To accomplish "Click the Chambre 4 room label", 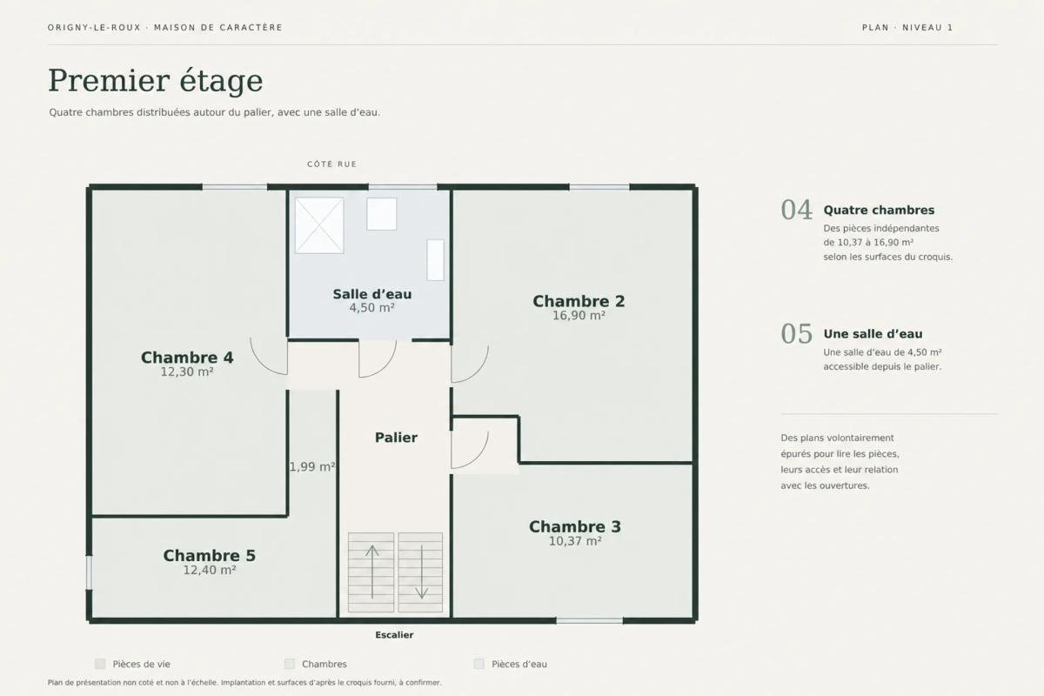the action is pyautogui.click(x=187, y=358).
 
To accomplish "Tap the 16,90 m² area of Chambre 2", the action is pyautogui.click(x=579, y=316).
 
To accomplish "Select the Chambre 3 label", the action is pyautogui.click(x=575, y=526).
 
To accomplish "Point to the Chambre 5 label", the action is pyautogui.click(x=210, y=556).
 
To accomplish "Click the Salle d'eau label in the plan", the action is pyautogui.click(x=372, y=294).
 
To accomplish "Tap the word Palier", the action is pyautogui.click(x=396, y=438).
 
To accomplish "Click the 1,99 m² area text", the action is pyautogui.click(x=312, y=466).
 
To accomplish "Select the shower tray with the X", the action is pyautogui.click(x=319, y=225).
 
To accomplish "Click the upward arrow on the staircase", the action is pyautogui.click(x=372, y=572).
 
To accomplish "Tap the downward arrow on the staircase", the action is pyautogui.click(x=421, y=572).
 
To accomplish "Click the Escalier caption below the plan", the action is pyautogui.click(x=394, y=635).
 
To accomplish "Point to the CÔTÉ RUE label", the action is pyautogui.click(x=331, y=164).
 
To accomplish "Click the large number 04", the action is pyautogui.click(x=797, y=211).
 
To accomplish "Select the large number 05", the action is pyautogui.click(x=797, y=334).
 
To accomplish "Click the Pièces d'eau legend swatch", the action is pyautogui.click(x=478, y=664).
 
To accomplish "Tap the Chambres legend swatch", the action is pyautogui.click(x=290, y=664).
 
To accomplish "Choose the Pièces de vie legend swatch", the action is pyautogui.click(x=100, y=664).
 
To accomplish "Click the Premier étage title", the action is pyautogui.click(x=156, y=81).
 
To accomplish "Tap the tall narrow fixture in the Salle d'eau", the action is pyautogui.click(x=435, y=260).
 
